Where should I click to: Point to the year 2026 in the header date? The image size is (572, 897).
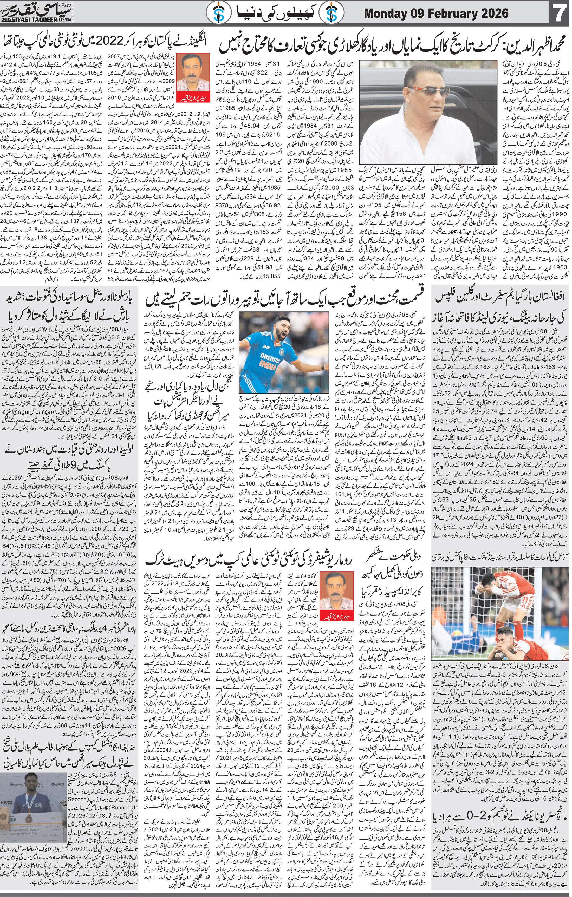[492, 14]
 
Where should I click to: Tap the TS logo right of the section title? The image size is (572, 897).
[330, 14]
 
